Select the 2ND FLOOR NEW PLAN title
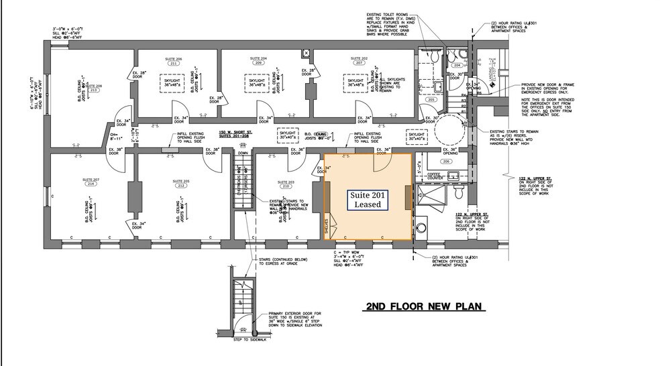pos(423,307)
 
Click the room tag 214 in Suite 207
pos(91,186)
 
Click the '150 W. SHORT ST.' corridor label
pos(235,133)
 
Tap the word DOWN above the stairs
pos(243,153)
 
